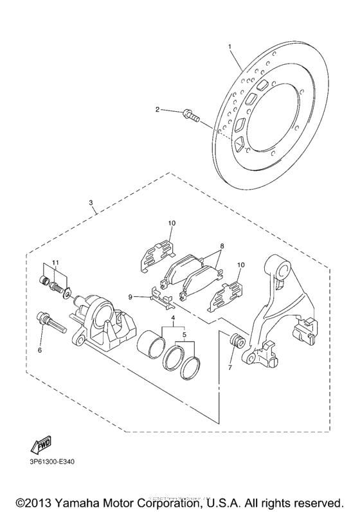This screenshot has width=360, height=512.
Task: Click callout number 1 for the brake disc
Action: pos(230,46)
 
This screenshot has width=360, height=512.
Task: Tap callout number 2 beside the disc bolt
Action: pos(156,110)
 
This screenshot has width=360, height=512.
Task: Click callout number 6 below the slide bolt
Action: pos(40,350)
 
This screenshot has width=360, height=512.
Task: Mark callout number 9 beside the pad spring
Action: pos(130,297)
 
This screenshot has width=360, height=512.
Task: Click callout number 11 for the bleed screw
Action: pos(56,262)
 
